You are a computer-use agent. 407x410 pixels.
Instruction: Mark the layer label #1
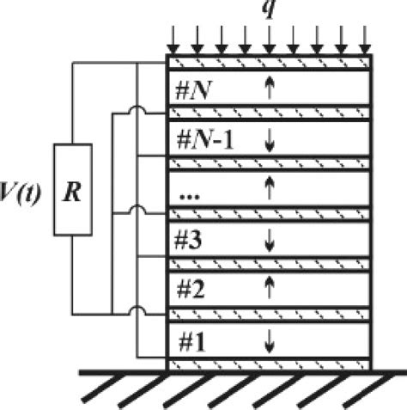pyautogui.click(x=189, y=340)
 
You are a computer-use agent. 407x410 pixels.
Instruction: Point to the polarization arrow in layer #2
pyautogui.click(x=270, y=290)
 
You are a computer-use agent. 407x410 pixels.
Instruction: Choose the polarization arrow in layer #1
pyautogui.click(x=270, y=341)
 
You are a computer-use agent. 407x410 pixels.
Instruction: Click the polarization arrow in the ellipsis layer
pyautogui.click(x=270, y=190)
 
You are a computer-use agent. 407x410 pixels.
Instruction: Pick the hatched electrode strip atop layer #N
pyautogui.click(x=269, y=63)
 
